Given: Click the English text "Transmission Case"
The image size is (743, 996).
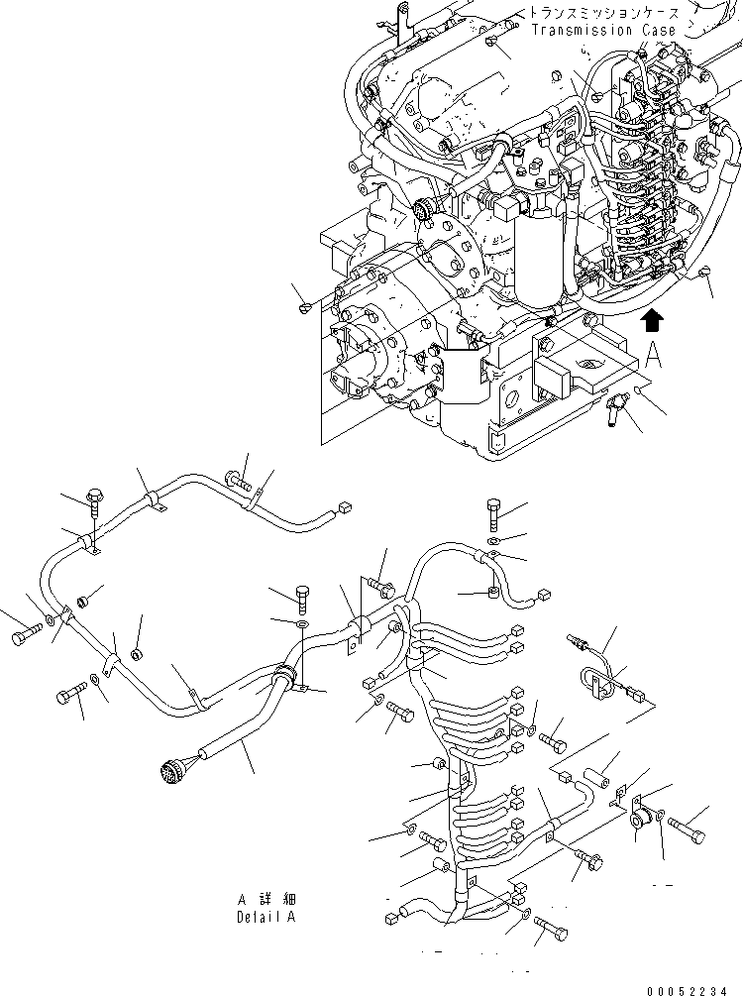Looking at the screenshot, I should click(603, 31).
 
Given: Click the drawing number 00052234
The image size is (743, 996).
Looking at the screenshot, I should click(695, 987).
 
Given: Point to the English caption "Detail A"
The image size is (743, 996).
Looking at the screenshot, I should click(265, 917).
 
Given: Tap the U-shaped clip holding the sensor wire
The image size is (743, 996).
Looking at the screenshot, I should click(590, 679).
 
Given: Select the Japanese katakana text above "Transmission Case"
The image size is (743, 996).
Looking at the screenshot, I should click(603, 12).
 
